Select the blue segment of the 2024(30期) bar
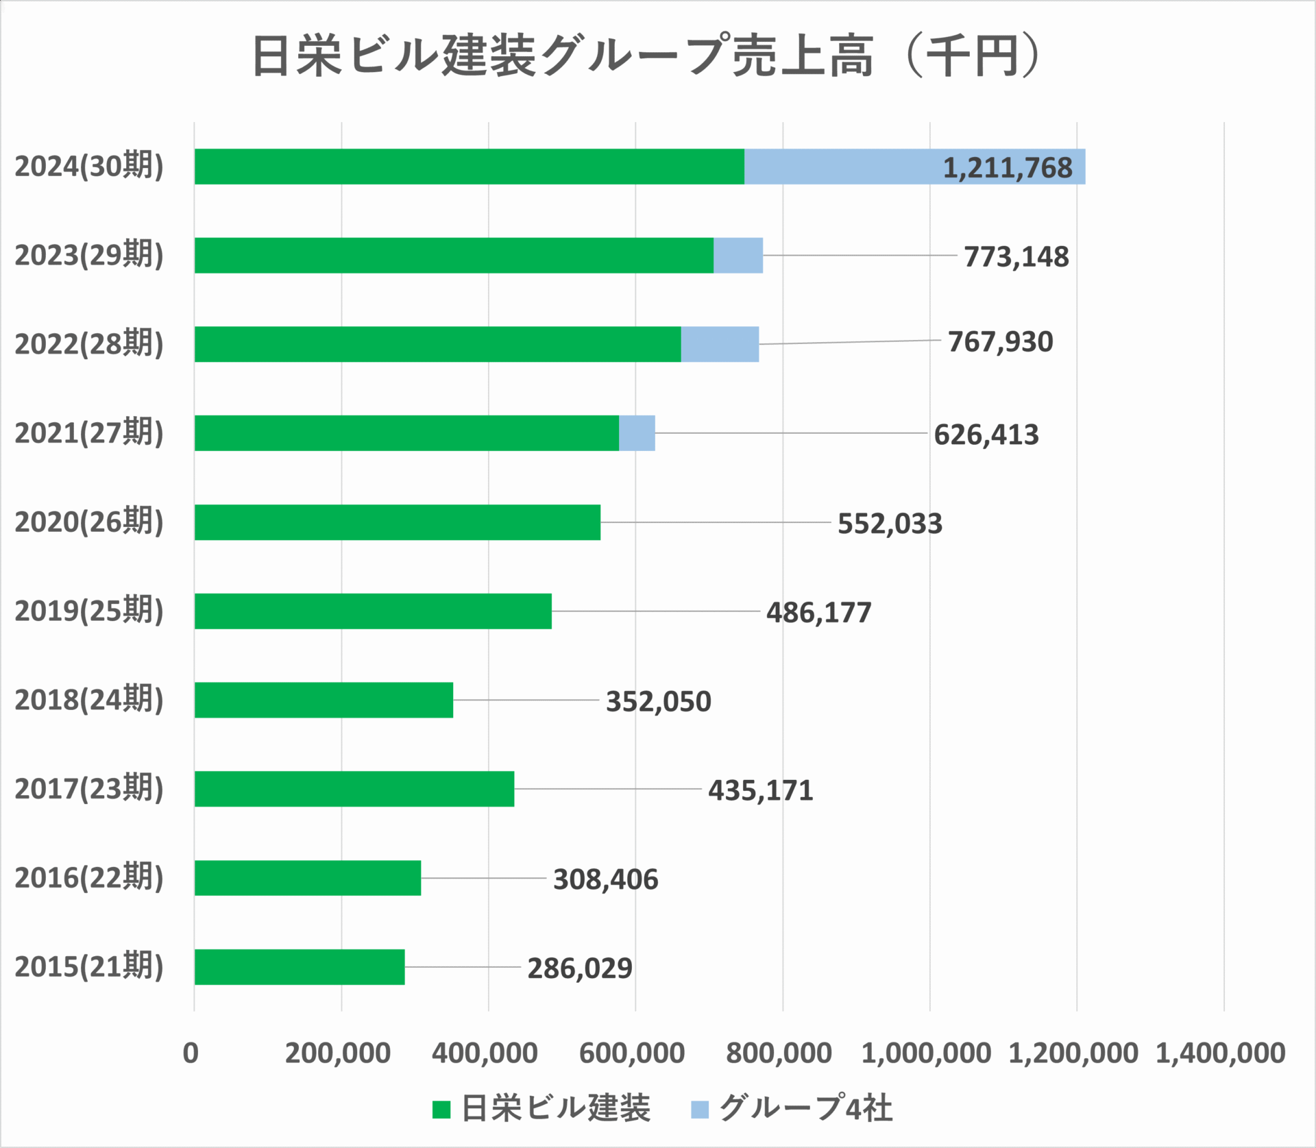(843, 167)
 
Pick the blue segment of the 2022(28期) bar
(720, 344)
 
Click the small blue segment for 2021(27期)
(637, 433)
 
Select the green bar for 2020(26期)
(398, 522)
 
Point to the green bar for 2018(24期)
(324, 700)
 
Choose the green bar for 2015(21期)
(300, 966)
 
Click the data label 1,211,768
(1007, 168)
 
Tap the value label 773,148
(1016, 257)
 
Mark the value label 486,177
(818, 613)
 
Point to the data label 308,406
(605, 879)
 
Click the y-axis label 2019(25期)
(89, 611)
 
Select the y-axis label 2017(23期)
(89, 789)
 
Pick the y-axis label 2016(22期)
(89, 878)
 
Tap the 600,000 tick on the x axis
(631, 1053)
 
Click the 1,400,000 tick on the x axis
(1220, 1053)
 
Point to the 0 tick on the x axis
(191, 1053)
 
